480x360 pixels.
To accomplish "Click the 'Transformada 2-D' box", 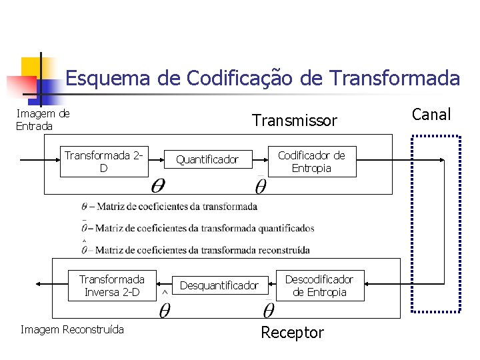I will tap(103, 162).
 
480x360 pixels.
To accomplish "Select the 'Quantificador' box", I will tap(207, 160).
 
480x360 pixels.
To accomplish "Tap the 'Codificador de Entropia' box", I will tap(311, 161).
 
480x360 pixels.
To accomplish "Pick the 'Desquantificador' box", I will tap(219, 285).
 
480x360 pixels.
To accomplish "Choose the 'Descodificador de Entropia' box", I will tap(319, 285).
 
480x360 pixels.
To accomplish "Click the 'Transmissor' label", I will tap(294, 121).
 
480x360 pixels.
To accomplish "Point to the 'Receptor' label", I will tap(292, 333).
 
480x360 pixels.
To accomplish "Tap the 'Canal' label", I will tap(431, 115).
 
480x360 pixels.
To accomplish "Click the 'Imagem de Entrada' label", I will tap(43, 120).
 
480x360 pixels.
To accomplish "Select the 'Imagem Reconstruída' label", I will tap(72, 329).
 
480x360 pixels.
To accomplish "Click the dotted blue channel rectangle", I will tap(436, 223).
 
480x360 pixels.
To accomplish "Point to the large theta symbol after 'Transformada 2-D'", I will tap(158, 184).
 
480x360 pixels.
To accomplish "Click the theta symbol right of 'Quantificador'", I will tap(261, 185).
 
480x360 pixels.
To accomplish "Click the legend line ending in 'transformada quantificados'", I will tap(198, 228).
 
